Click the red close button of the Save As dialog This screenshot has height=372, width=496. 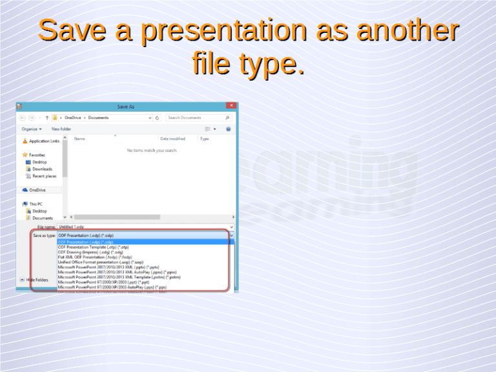coord(231,106)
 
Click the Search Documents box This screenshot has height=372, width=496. coord(194,118)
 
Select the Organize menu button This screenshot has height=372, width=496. coord(32,129)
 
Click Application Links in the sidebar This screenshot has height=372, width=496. coord(44,141)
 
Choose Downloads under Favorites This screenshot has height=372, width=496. coord(42,169)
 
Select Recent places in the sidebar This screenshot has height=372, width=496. coord(44,176)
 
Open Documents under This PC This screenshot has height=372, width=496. coord(43,218)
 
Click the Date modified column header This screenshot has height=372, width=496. coord(172,139)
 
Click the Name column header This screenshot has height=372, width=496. coord(80,139)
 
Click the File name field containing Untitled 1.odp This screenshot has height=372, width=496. coord(142,227)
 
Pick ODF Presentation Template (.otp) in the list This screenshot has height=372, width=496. coord(94,247)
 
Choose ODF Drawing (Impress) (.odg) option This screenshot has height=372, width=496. coord(90,253)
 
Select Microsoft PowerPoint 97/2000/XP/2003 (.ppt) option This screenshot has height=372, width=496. coord(107,282)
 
